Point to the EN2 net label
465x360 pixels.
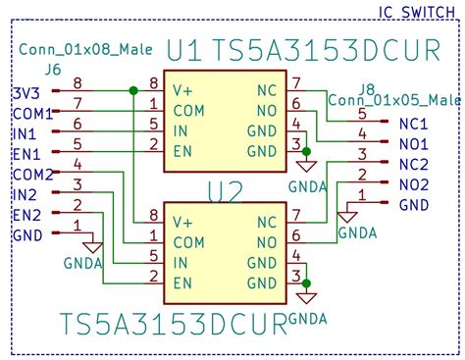coord(27,215)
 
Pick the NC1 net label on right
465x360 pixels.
coord(414,124)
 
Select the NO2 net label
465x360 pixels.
coord(414,184)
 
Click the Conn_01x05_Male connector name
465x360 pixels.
coord(395,100)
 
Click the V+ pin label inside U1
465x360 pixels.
coord(183,90)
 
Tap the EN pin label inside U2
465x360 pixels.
coord(182,283)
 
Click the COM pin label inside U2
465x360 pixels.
coord(188,241)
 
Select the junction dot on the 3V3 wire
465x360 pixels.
coord(132,90)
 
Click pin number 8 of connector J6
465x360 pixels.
coord(77,83)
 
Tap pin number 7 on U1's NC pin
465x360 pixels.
coord(295,83)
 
